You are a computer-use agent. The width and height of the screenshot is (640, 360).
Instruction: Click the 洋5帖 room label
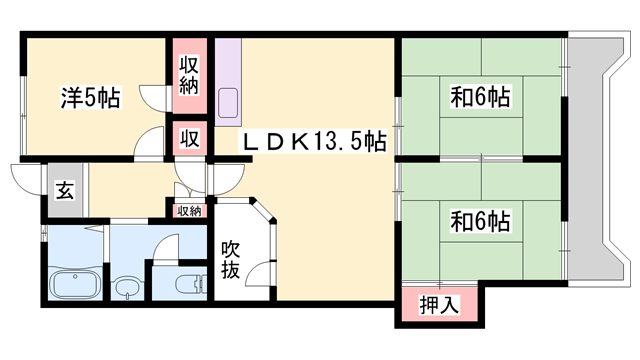pos(90,99)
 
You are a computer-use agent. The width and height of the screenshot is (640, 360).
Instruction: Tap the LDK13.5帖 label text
pos(312,143)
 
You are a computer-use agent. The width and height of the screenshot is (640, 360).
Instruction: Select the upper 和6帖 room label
pos(481,98)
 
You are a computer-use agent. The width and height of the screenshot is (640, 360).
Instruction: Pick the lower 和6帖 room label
pos(481,217)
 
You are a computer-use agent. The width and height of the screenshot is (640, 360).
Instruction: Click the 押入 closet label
pos(439,305)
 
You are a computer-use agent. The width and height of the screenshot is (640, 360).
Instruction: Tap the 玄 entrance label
pos(63,187)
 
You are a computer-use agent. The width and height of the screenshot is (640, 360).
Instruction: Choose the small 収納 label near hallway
pos(189,210)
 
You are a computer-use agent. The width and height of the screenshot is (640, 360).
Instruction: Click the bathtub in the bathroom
pos(72,287)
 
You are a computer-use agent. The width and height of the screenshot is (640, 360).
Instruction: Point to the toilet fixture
pos(186,283)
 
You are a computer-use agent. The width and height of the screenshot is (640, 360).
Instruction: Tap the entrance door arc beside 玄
pos(25,176)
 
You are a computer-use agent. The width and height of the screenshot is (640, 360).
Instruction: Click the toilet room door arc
pos(166,246)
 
